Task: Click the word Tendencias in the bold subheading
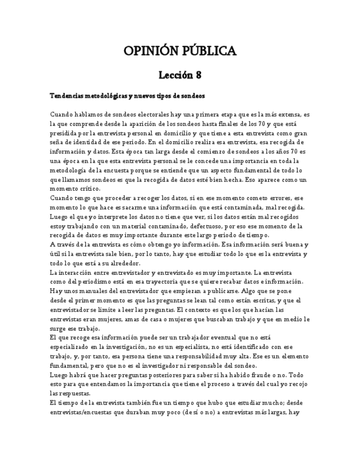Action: pyautogui.click(x=68, y=96)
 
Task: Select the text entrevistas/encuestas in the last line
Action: pyautogui.click(x=84, y=412)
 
